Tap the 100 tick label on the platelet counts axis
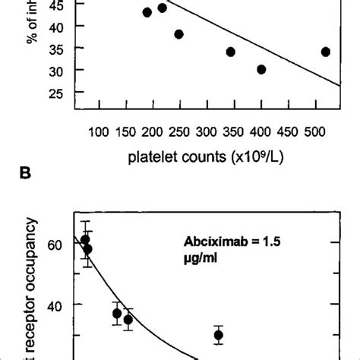99,132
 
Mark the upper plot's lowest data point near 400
261,69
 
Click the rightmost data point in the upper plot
326,52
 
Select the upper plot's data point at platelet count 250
178,34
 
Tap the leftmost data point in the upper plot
147,12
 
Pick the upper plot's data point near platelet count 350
230,52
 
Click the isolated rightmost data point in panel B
219,335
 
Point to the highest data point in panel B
85,239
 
